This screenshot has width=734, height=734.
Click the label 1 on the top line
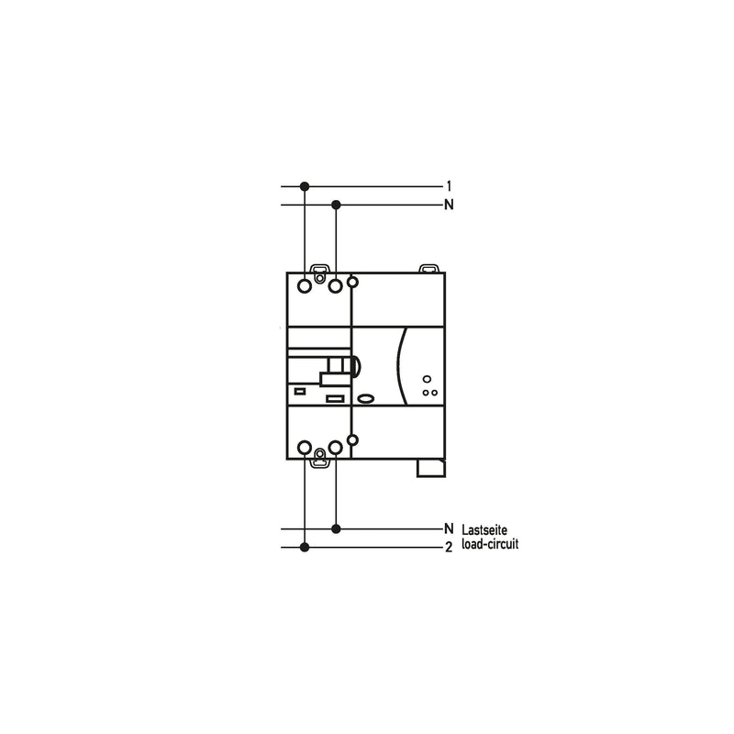coord(449,186)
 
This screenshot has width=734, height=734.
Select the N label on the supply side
coord(449,205)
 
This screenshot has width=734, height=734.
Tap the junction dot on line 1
coord(305,186)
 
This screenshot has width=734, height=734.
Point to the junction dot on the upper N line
coord(336,205)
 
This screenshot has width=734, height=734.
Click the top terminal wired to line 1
coord(305,285)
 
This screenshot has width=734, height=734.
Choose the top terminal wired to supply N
coord(336,285)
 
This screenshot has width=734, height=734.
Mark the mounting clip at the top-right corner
coord(428,268)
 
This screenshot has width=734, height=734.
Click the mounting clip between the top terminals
coord(319,273)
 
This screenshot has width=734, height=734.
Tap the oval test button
coord(365,398)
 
